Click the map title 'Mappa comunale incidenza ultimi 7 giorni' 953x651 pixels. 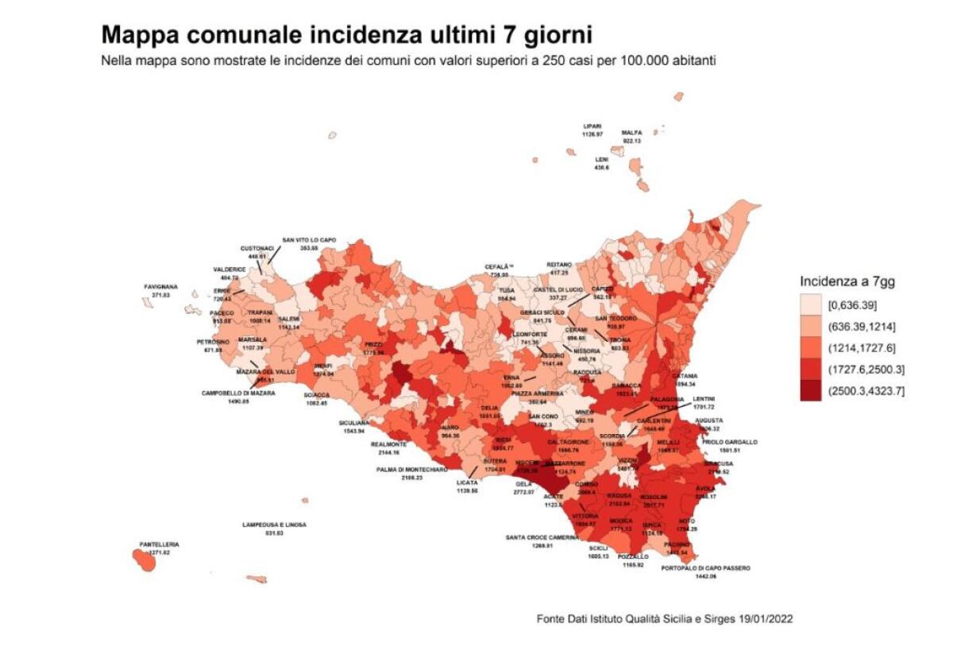(345, 36)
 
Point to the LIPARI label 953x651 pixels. (592, 126)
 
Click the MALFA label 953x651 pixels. (631, 133)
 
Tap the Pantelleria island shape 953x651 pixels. (143, 560)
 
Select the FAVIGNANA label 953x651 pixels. (160, 287)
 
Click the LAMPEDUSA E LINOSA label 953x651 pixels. (274, 525)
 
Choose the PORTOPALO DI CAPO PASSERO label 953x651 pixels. (705, 568)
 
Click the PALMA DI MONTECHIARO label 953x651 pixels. (411, 470)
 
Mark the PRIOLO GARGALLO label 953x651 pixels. (728, 442)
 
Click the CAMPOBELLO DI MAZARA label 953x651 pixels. (238, 393)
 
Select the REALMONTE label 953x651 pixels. (389, 444)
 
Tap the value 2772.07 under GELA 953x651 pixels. (523, 493)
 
